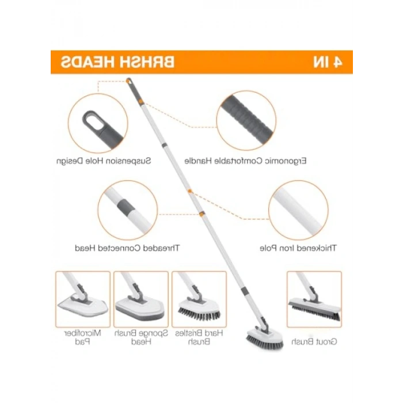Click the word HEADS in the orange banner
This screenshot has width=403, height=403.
pos(89,62)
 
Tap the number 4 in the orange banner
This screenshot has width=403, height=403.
pos(336,62)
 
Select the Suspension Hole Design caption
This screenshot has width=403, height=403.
pos(104,161)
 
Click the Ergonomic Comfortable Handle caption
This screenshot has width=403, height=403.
pos(245,161)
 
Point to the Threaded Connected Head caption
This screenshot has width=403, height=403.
pos(127,248)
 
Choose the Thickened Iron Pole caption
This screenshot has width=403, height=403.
pos(298,248)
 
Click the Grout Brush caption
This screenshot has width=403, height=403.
pos(314,342)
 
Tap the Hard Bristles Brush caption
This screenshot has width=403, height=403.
pos(199,337)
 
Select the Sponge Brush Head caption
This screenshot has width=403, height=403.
pos(141,337)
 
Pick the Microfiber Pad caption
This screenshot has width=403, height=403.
pos(82,337)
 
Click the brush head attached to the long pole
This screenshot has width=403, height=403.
pos(264,337)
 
